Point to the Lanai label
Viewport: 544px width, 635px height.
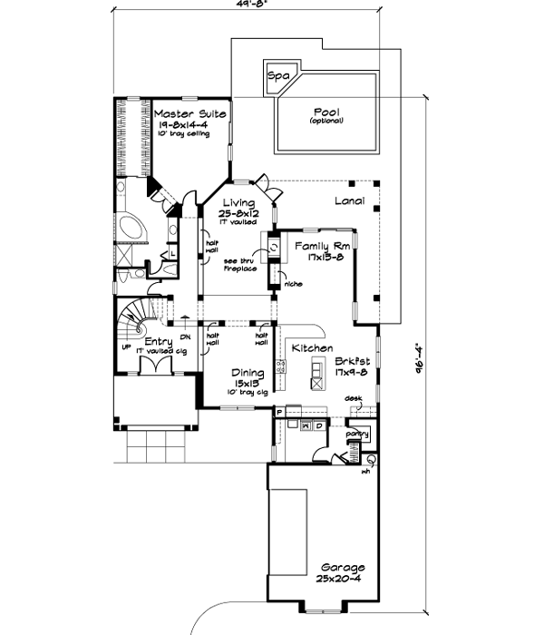(x=349, y=201)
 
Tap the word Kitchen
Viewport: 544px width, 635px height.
(x=311, y=348)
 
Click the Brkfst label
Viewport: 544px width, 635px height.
(x=351, y=360)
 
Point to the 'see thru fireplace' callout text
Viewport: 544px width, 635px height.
(x=242, y=265)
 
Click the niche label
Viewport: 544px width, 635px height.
(x=292, y=285)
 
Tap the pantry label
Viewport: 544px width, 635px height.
(x=358, y=435)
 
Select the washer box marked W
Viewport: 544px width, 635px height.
(x=306, y=425)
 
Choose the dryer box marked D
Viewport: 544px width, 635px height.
(x=320, y=425)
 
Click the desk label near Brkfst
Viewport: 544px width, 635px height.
(x=353, y=398)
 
